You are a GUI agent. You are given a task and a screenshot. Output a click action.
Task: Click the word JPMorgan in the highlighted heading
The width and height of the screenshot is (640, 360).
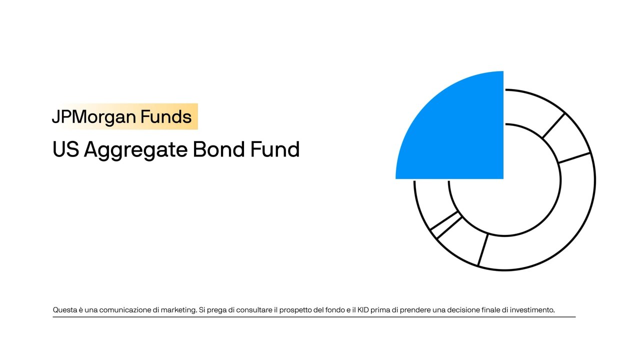(x=94, y=117)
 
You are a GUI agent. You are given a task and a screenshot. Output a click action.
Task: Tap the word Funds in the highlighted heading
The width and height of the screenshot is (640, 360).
(x=166, y=117)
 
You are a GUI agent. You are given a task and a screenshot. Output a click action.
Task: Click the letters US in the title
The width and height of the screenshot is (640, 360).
(x=65, y=149)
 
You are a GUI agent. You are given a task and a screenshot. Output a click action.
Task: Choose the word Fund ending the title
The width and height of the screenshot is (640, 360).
(x=276, y=149)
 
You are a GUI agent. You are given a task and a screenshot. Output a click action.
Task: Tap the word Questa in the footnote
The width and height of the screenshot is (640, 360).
(x=64, y=310)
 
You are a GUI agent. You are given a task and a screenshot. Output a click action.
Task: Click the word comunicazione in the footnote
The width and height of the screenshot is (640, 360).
(x=125, y=310)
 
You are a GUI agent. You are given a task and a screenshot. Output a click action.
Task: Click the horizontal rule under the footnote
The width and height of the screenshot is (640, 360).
(x=314, y=317)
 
